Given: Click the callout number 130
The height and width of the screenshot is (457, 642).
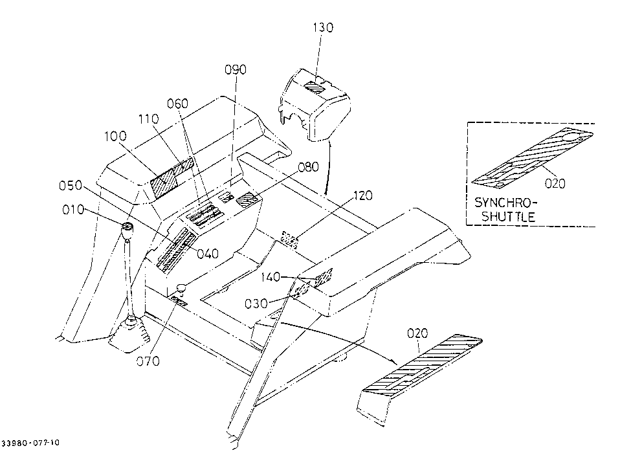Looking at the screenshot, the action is click(323, 27).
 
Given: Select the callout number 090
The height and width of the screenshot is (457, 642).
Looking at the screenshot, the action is click(236, 70).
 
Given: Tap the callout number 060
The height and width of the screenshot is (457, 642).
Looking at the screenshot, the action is click(178, 104).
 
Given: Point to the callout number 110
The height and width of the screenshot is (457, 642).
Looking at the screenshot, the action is click(148, 119).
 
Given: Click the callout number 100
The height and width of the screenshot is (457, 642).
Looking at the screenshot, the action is click(115, 136).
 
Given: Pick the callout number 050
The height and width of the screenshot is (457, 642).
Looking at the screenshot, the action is click(71, 186).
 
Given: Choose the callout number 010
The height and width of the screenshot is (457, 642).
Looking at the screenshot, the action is click(73, 210).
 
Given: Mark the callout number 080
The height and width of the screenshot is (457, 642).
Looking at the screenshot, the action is click(308, 167).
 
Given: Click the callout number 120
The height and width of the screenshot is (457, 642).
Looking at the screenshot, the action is click(362, 195).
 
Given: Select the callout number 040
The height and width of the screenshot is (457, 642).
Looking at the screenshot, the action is click(208, 254).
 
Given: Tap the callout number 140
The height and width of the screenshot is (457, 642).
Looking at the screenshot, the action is click(271, 277).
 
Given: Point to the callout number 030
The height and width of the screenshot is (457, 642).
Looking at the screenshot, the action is click(256, 304).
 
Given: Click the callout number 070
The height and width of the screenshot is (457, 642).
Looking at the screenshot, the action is click(148, 361).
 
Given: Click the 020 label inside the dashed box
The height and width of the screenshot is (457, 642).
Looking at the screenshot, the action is click(555, 183).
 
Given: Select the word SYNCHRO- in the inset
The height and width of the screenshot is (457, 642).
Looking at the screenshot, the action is click(505, 203).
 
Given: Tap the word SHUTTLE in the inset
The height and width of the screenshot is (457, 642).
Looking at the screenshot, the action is click(508, 217).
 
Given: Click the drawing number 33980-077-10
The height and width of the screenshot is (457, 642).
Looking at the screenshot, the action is click(30, 443).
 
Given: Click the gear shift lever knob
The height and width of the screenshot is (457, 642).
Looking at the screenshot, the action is click(127, 231).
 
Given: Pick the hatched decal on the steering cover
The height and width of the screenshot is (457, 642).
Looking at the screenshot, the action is click(316, 87).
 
